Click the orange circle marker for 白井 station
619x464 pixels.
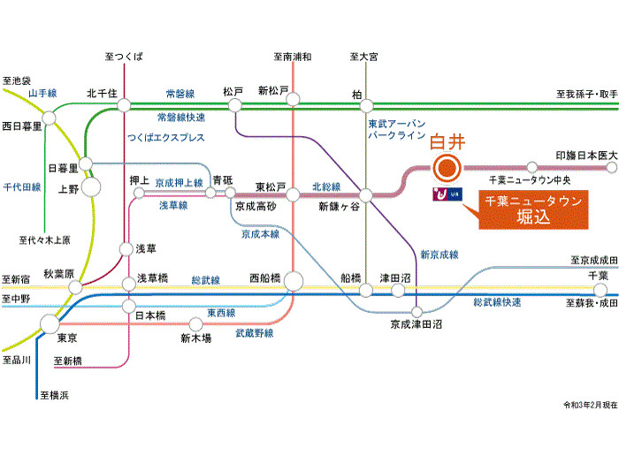(447, 168)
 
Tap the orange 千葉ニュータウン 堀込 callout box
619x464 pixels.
(533, 209)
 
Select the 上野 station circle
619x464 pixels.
(91, 187)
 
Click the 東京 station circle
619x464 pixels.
(50, 324)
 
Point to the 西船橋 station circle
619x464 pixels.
(294, 282)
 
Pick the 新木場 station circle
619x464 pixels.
(195, 324)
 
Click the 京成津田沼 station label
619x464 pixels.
(416, 324)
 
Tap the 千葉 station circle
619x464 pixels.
(600, 291)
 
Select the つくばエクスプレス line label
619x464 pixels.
(166, 137)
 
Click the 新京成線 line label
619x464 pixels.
(439, 255)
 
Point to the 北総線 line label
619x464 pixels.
(326, 186)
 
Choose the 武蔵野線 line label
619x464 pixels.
(255, 333)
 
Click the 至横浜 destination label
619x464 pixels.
(55, 395)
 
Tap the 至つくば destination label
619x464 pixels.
(124, 57)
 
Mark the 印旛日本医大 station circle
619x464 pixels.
(612, 168)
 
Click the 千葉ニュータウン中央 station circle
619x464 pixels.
(532, 167)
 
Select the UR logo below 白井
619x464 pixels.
(447, 194)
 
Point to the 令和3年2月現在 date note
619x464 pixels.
(590, 405)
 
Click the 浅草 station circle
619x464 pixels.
(126, 249)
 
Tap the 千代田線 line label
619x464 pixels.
(22, 187)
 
